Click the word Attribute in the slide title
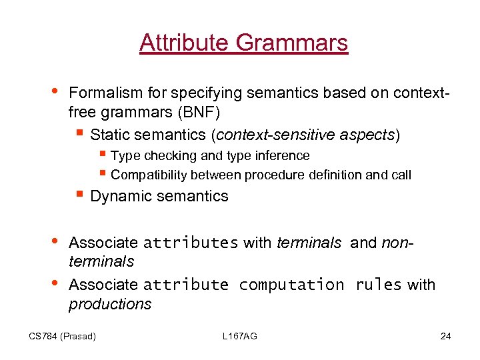[x=183, y=43]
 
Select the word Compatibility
[x=149, y=175]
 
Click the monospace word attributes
[x=191, y=243]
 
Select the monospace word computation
[x=291, y=285]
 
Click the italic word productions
[x=110, y=304]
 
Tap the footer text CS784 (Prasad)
[x=63, y=336]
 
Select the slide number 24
[x=446, y=336]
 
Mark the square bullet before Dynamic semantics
[x=79, y=195]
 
